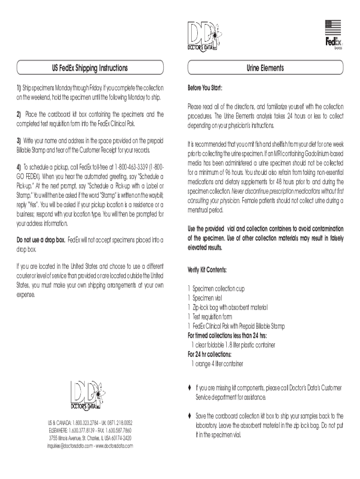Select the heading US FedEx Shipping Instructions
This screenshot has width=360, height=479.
[x=89, y=68]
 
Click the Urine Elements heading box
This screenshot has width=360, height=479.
[x=265, y=68]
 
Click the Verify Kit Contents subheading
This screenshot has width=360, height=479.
[x=207, y=270]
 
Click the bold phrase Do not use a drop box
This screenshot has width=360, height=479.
[x=42, y=240]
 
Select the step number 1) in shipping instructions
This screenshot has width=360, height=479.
[x=19, y=88]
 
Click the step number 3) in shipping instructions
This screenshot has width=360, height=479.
[x=19, y=140]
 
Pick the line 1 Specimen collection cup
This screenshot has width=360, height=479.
[x=216, y=289]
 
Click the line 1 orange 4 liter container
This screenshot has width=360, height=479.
[x=217, y=363]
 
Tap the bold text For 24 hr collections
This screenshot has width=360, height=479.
[x=209, y=354]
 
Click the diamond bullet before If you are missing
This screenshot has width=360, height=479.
[x=189, y=388]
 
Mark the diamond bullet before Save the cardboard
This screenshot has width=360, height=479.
[x=189, y=416]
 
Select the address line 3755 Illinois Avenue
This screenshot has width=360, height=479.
[x=90, y=438]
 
